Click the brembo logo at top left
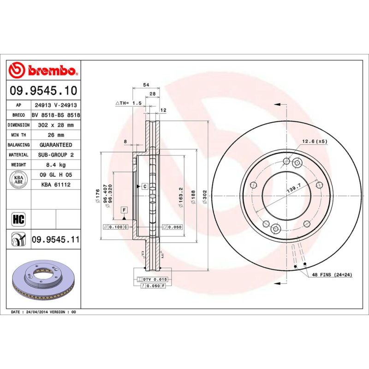[x=43, y=71]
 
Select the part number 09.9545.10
[x=43, y=91]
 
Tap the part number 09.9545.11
[x=55, y=239]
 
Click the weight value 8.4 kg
[x=55, y=165]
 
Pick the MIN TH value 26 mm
[x=55, y=135]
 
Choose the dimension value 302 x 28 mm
[x=55, y=125]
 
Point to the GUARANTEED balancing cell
[x=55, y=145]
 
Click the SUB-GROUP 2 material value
[x=55, y=155]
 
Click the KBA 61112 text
[x=55, y=184]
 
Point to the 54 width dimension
[x=146, y=85]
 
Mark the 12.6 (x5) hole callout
[x=315, y=141]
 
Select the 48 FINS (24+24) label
[x=332, y=274]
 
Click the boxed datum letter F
[x=124, y=210]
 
